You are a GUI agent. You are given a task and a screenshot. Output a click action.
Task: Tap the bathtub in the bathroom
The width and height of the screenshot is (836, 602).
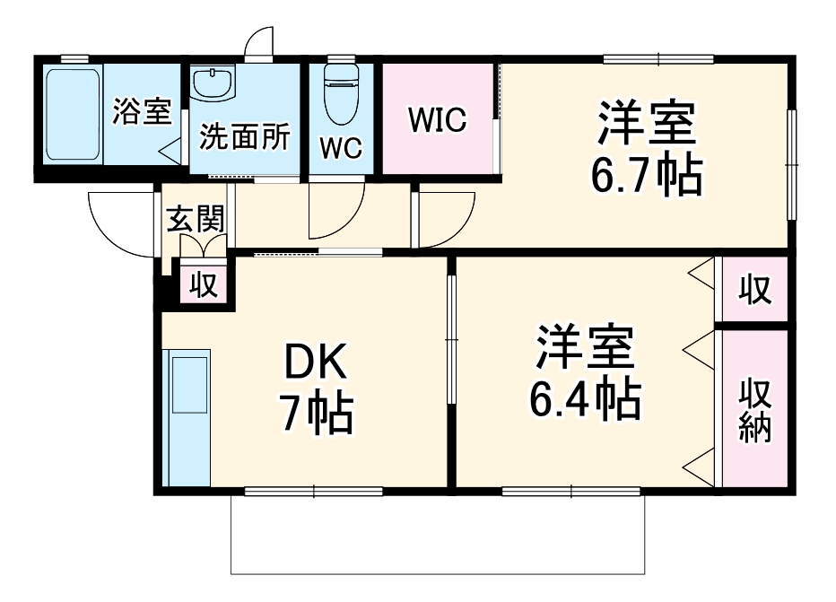point(72,113)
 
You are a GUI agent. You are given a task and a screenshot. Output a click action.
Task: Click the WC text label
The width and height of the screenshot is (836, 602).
point(341,148)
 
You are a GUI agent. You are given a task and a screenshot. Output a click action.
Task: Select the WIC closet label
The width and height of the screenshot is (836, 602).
point(438,119)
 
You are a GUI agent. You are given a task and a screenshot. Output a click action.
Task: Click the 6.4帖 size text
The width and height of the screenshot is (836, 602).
point(584,400)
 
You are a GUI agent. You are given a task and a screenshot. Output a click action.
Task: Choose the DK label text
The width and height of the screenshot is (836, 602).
point(315,363)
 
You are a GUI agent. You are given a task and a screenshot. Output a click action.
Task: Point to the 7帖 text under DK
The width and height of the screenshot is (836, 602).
point(315,414)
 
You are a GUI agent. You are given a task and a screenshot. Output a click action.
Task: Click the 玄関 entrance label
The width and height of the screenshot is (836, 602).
point(195,219)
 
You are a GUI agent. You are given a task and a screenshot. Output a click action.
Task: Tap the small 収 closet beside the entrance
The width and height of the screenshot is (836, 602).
point(204,284)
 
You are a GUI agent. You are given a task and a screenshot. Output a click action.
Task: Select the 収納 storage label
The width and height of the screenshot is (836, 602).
point(755,410)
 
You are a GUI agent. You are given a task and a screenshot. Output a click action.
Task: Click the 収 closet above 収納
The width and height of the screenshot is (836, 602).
point(755,289)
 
